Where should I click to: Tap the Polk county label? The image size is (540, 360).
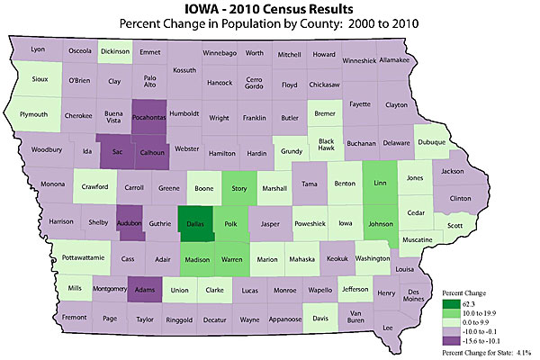pyautogui.click(x=230, y=220)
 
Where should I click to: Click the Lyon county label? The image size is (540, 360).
pyautogui.click(x=37, y=49)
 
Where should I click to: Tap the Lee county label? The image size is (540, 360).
pyautogui.click(x=389, y=328)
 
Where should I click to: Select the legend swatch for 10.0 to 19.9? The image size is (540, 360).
pyautogui.click(x=446, y=313)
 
